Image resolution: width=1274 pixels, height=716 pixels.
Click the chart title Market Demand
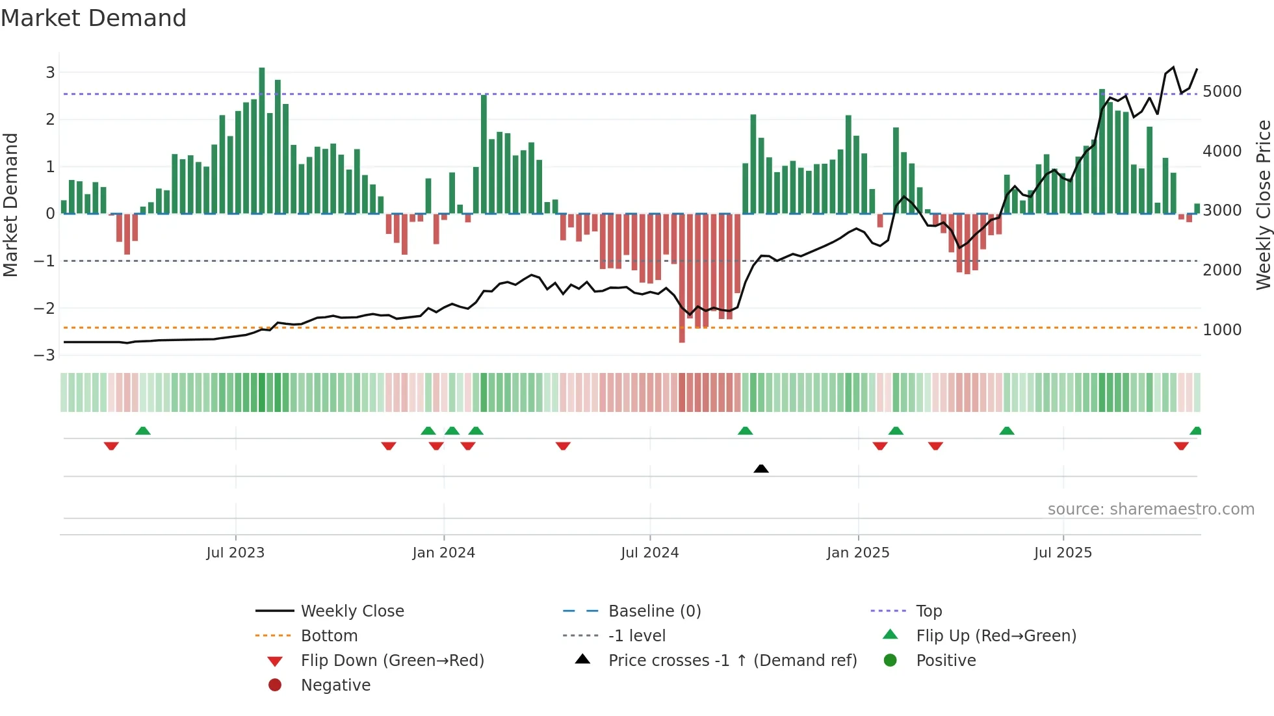click(x=94, y=18)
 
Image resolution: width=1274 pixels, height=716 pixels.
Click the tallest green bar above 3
click(x=262, y=140)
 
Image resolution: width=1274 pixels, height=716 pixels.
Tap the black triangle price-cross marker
click(x=761, y=468)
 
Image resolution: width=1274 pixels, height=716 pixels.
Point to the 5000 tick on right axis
click(x=1222, y=92)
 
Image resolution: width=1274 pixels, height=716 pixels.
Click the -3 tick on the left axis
click(x=45, y=355)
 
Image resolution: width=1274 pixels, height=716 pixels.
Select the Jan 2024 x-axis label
click(x=443, y=553)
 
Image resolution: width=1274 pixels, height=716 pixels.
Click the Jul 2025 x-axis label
click(x=1063, y=553)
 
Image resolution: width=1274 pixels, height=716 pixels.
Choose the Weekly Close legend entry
click(x=352, y=611)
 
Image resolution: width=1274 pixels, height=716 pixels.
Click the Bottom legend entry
click(x=329, y=636)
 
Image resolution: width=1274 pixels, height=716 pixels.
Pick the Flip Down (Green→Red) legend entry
click(x=392, y=661)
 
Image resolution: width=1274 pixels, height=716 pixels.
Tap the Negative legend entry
click(x=335, y=685)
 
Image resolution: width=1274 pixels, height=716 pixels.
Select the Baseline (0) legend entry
click(x=654, y=611)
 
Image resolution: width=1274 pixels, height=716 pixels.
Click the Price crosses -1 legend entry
click(x=732, y=661)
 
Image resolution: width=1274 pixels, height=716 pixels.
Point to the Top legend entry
click(x=929, y=611)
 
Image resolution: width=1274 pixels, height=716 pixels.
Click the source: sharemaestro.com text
click(x=1150, y=509)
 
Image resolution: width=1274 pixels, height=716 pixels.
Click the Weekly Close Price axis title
click(x=1263, y=205)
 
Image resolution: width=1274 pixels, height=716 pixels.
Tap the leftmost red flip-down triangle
click(x=111, y=446)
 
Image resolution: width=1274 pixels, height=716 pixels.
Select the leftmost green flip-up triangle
click(x=143, y=431)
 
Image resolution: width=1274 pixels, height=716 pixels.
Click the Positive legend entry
click(x=946, y=661)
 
